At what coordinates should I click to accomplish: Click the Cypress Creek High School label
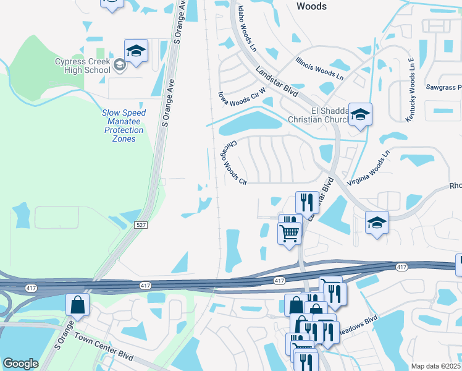coord(82,66)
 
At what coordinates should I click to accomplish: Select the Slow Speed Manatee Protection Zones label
coord(124,126)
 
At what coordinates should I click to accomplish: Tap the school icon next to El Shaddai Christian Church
coord(360,114)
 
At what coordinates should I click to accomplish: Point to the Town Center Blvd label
coord(104,347)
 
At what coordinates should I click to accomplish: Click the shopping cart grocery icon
coord(289,233)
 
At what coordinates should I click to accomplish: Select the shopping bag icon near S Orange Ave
coord(78,304)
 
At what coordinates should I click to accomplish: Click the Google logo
coord(20,364)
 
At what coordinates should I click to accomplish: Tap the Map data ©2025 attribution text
coord(435,366)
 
